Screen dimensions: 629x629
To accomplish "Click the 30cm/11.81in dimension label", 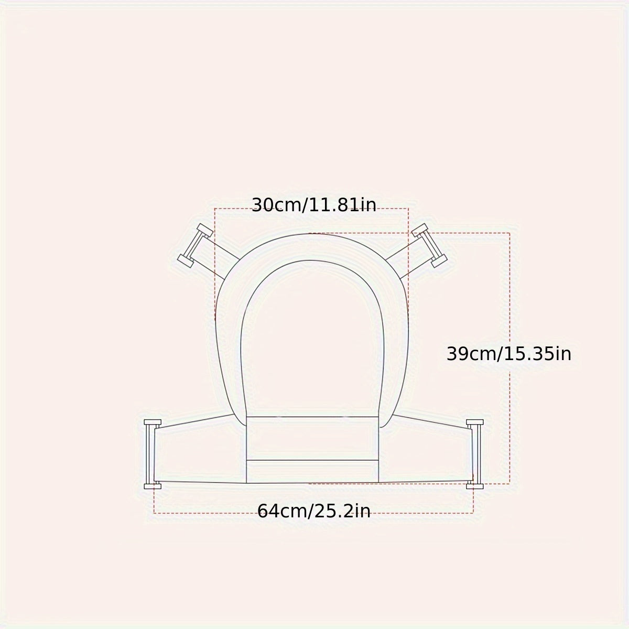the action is [x=313, y=205].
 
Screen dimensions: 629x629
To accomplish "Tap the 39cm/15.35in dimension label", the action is [x=508, y=354].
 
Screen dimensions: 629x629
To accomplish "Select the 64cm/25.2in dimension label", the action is [x=313, y=511].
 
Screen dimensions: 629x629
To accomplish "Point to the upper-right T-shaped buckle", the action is [x=430, y=245].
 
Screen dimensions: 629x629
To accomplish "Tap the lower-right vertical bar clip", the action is [x=475, y=454].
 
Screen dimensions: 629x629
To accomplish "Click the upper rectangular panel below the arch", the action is [x=312, y=438].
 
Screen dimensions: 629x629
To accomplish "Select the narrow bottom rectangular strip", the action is [x=312, y=471].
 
